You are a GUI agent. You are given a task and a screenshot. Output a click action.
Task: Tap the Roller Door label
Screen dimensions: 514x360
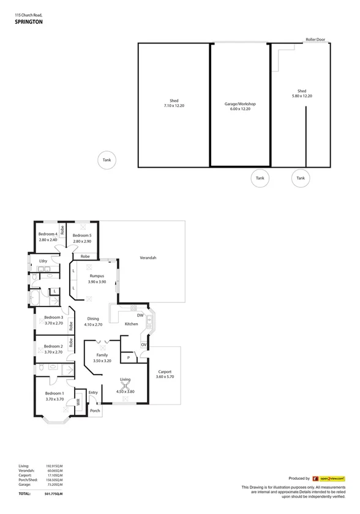[315, 40]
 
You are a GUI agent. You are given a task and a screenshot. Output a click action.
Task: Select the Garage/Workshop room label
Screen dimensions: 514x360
[240, 104]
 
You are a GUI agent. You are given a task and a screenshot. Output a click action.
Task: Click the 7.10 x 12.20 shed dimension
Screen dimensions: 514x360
[174, 106]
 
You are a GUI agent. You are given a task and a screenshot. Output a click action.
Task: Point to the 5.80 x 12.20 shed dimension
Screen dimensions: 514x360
[301, 95]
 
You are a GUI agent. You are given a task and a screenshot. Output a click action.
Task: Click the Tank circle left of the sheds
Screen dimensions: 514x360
[107, 160]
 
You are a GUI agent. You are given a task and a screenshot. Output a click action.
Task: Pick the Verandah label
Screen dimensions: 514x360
[148, 258]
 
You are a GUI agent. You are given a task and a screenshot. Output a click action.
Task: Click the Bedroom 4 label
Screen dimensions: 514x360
[48, 234]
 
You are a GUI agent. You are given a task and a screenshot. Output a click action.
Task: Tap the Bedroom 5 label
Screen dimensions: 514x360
[82, 236]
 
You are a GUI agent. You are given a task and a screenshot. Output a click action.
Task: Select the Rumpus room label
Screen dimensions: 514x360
[97, 276]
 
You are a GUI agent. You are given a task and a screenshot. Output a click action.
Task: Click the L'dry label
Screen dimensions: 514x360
[43, 261]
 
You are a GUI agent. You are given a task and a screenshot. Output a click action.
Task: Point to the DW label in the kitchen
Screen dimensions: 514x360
[140, 315]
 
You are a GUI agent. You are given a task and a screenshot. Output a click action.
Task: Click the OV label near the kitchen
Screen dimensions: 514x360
[143, 345]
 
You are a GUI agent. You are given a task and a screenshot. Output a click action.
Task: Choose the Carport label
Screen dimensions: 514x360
[165, 371]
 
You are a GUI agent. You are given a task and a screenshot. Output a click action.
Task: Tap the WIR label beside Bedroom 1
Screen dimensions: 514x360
[78, 402]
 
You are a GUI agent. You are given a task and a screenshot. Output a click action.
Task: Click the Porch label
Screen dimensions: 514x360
[95, 411]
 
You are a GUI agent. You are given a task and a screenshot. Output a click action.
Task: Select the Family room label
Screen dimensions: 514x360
[102, 355]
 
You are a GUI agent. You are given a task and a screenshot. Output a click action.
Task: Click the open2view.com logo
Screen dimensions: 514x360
[329, 479]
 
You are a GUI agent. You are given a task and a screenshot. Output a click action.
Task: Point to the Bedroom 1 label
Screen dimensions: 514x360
[54, 393]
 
